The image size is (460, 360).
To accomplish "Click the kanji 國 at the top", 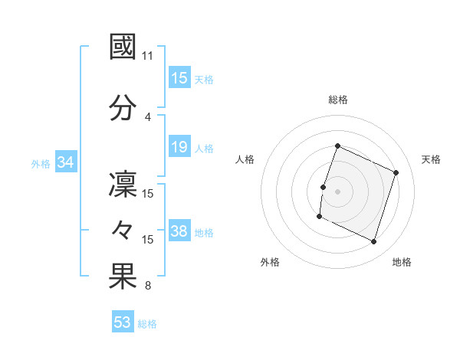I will (123, 47).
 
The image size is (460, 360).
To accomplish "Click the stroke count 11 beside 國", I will (148, 56).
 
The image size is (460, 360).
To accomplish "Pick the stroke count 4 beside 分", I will (148, 116).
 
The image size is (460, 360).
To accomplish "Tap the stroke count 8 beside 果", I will (148, 286).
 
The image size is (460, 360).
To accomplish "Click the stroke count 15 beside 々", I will (148, 240).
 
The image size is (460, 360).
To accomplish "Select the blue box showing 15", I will (179, 78).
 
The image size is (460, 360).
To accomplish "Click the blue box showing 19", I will (179, 147).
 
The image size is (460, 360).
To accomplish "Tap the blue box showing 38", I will (179, 231).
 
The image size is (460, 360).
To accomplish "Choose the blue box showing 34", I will (65, 162).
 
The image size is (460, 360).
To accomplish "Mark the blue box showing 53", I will (123, 322).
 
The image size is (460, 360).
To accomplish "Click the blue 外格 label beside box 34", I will (41, 163).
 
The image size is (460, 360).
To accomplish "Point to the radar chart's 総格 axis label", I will (338, 100).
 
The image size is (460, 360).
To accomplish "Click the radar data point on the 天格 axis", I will (396, 172).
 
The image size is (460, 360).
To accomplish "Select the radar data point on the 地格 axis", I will (374, 242).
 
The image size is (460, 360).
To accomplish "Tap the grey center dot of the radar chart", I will (337, 191).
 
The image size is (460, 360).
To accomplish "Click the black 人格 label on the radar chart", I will (245, 159).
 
